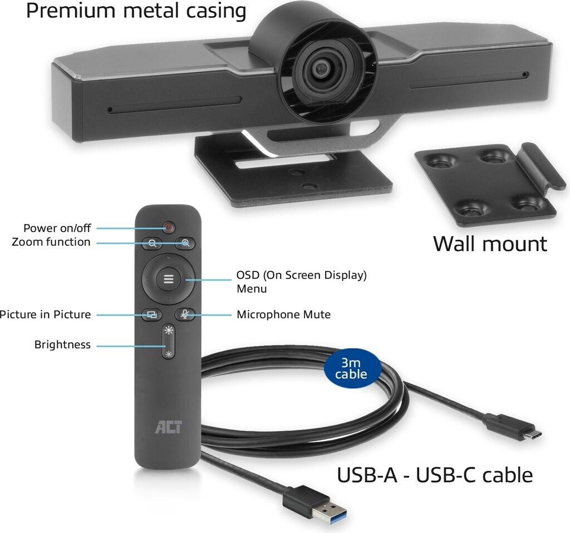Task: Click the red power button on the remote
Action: click(x=169, y=227)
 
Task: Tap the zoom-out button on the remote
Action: click(x=152, y=243)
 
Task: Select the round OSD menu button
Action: click(x=168, y=279)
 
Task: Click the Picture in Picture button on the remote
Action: click(x=151, y=314)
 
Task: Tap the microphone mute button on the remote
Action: click(x=185, y=314)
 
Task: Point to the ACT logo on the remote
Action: click(x=168, y=428)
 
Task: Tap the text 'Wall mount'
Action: click(x=490, y=244)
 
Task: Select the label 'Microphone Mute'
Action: click(x=283, y=314)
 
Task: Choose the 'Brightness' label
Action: click(x=62, y=344)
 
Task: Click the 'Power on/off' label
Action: click(x=57, y=228)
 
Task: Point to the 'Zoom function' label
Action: click(x=51, y=242)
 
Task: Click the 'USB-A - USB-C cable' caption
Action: click(x=435, y=475)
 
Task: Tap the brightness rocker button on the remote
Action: click(x=169, y=342)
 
